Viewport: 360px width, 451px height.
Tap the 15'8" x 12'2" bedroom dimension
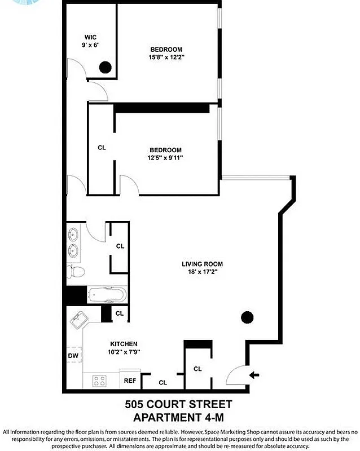coord(166,56)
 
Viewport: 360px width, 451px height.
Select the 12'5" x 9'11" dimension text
coord(166,157)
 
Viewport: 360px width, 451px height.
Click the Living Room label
coord(202,264)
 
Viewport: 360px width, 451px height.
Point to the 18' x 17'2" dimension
coord(202,272)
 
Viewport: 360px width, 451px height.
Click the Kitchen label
coord(124,344)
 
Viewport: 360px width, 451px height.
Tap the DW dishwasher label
coord(73,356)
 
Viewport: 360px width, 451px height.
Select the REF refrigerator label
coord(130,381)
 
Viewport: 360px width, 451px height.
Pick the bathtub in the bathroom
coord(107,295)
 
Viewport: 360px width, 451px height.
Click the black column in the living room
coord(247,317)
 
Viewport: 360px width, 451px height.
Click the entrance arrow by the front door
coord(254,373)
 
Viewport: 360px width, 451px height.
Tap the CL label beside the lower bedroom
coord(102,148)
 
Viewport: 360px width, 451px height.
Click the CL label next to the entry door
coord(197,369)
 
